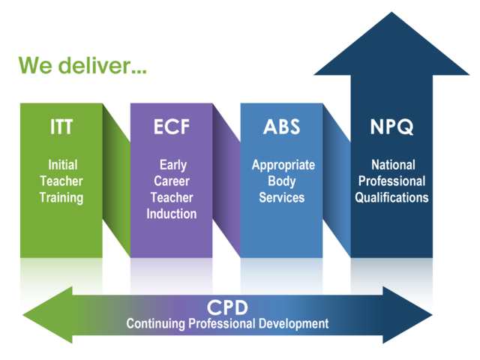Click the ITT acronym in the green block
(x=61, y=127)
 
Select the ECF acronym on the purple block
(x=172, y=127)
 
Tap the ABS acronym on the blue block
(x=282, y=127)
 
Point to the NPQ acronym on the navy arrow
(x=391, y=127)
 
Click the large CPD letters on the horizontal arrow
(x=227, y=307)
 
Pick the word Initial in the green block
(x=63, y=165)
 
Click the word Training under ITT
(x=61, y=198)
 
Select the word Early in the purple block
(x=173, y=165)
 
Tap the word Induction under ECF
(x=172, y=214)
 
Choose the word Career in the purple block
(x=172, y=181)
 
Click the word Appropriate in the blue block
(x=283, y=166)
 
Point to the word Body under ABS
(x=282, y=181)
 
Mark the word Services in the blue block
(x=282, y=197)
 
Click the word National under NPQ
(x=393, y=165)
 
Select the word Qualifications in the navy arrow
(x=391, y=197)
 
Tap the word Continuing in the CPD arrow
(x=155, y=324)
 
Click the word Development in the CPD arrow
(x=293, y=324)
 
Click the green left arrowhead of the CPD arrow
(x=48, y=315)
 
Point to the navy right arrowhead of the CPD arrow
(x=407, y=315)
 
